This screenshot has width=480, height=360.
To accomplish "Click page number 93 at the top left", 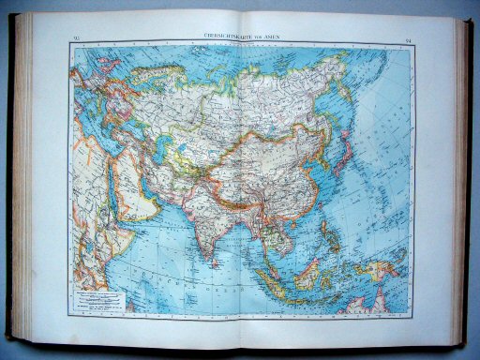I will (76, 38).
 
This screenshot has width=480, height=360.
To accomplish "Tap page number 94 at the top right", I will (409, 39).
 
